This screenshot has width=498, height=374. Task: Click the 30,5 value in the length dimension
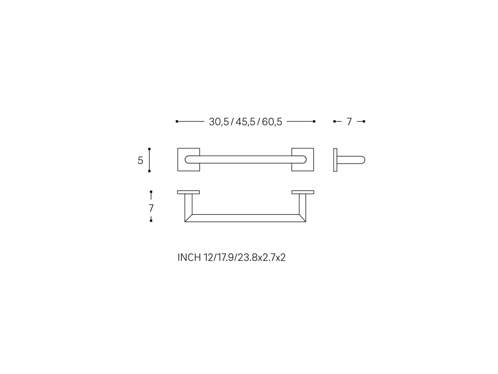click(219, 122)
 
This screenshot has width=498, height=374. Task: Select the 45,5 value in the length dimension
click(245, 122)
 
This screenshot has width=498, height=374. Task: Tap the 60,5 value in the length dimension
click(272, 122)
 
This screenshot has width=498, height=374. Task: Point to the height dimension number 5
click(141, 161)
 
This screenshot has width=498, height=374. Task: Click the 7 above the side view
click(349, 122)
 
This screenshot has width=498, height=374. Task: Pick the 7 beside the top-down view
click(151, 208)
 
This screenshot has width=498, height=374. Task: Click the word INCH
click(189, 257)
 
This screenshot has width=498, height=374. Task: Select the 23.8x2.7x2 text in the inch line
click(262, 257)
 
